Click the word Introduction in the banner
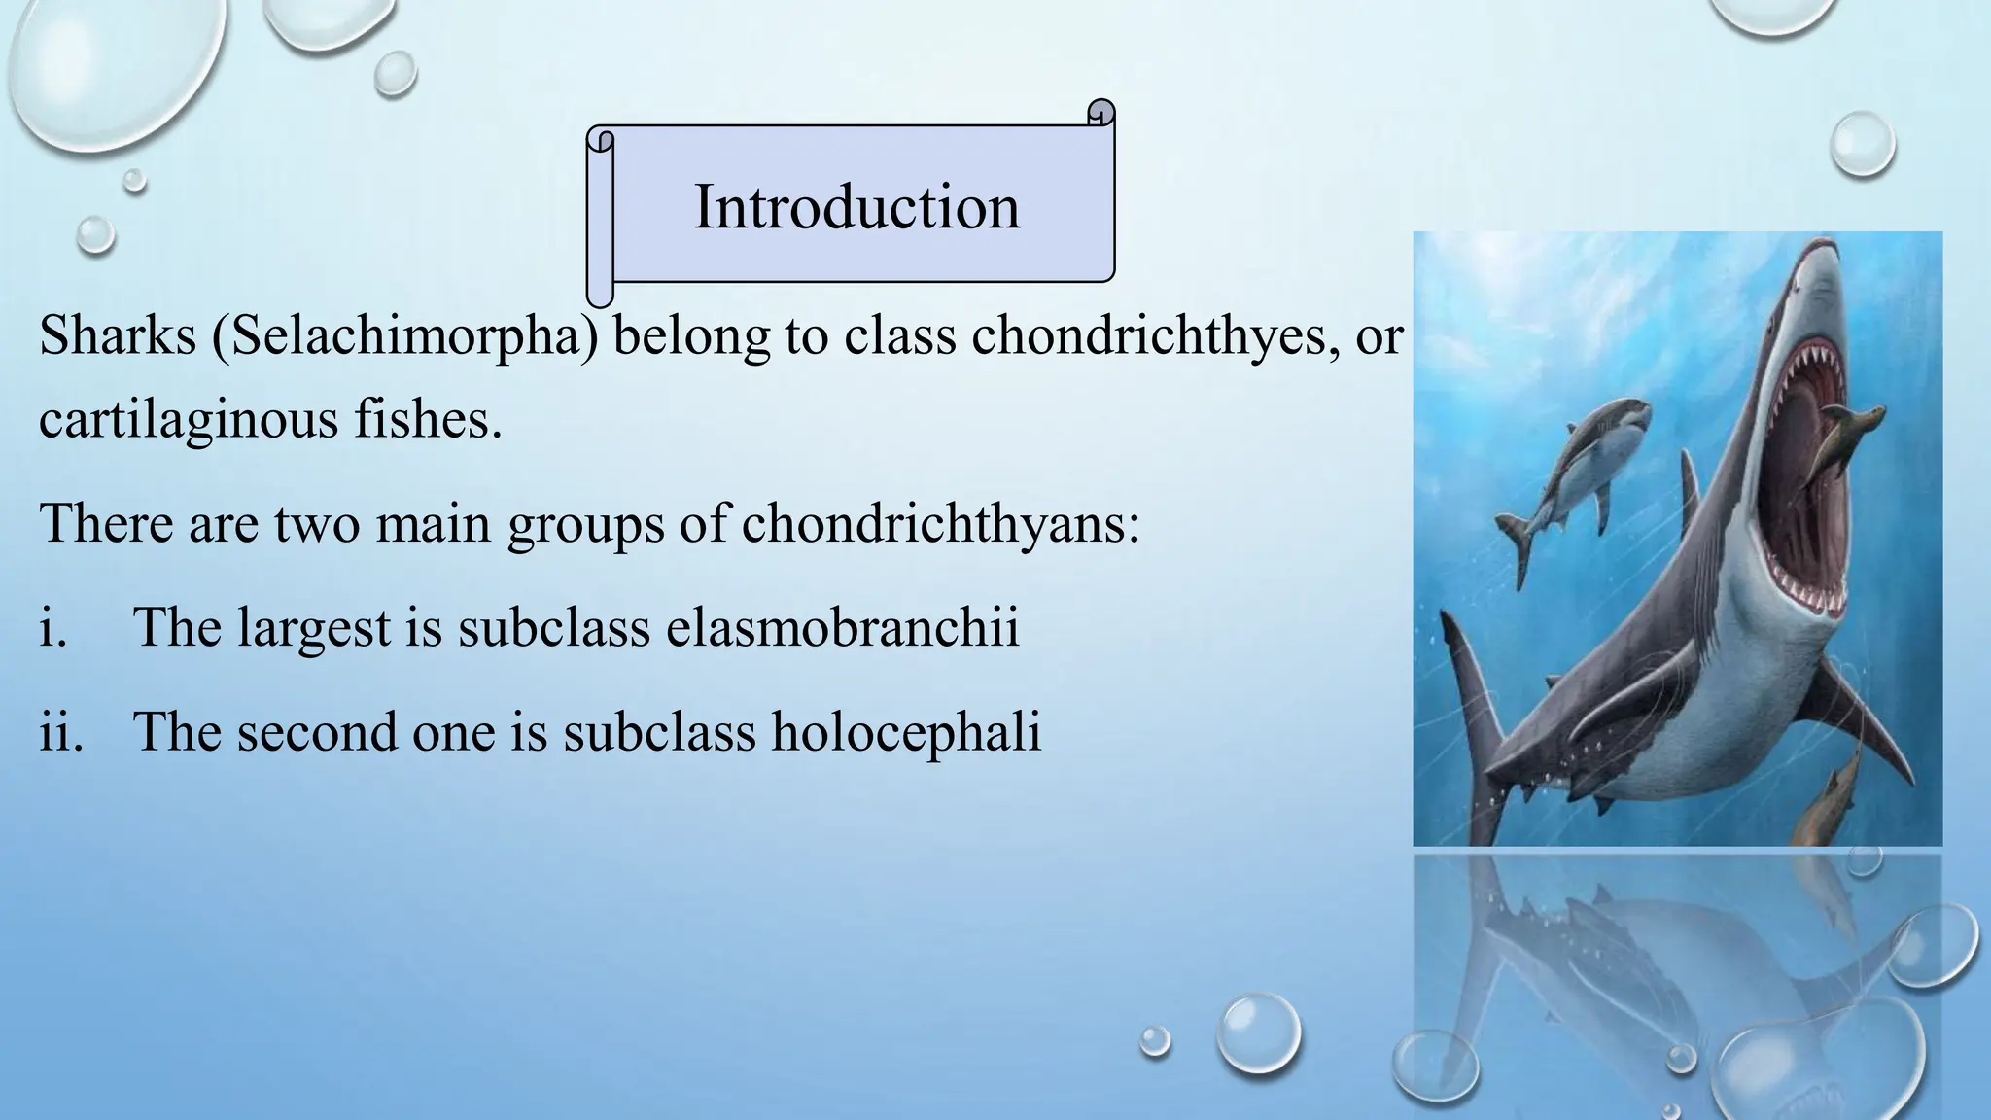click(x=856, y=207)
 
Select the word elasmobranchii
click(x=842, y=627)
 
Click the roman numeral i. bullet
click(x=53, y=627)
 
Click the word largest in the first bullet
click(x=314, y=627)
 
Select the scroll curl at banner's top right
click(x=1100, y=113)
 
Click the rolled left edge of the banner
click(x=600, y=219)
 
